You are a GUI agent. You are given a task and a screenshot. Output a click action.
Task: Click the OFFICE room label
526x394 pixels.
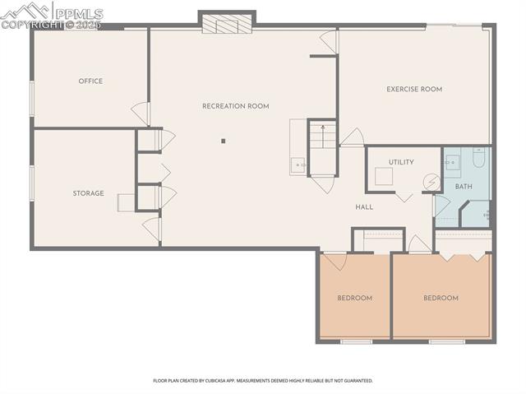pos(90,81)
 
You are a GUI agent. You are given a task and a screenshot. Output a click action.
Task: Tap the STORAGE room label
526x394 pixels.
pos(88,193)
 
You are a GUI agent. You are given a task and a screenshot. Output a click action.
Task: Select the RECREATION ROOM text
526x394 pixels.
pos(236,106)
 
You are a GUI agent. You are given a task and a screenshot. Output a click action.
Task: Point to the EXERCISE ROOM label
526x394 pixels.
pos(414,89)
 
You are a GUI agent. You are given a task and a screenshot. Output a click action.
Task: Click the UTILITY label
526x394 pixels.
pos(401,162)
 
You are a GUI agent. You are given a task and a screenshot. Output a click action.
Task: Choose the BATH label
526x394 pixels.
pos(464,186)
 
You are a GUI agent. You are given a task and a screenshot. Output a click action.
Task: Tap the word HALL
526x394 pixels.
pos(364,206)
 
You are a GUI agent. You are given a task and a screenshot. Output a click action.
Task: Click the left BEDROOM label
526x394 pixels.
pos(354,298)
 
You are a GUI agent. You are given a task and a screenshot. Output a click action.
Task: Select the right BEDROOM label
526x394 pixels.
pos(441,298)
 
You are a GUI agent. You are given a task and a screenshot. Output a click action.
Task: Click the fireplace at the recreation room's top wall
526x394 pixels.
pos(227,24)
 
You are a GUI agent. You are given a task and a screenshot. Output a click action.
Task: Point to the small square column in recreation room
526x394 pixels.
pos(223,141)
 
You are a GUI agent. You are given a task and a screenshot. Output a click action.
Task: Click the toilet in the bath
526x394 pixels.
pos(481,157)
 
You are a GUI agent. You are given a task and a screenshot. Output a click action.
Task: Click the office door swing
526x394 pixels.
pos(141,115)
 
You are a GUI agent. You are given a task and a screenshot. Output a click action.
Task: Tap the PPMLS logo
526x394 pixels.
pos(53,15)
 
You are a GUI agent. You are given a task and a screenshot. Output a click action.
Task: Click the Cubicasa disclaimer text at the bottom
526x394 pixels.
pos(263,381)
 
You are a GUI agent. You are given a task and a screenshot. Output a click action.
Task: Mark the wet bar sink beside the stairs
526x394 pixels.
pos(298,165)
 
